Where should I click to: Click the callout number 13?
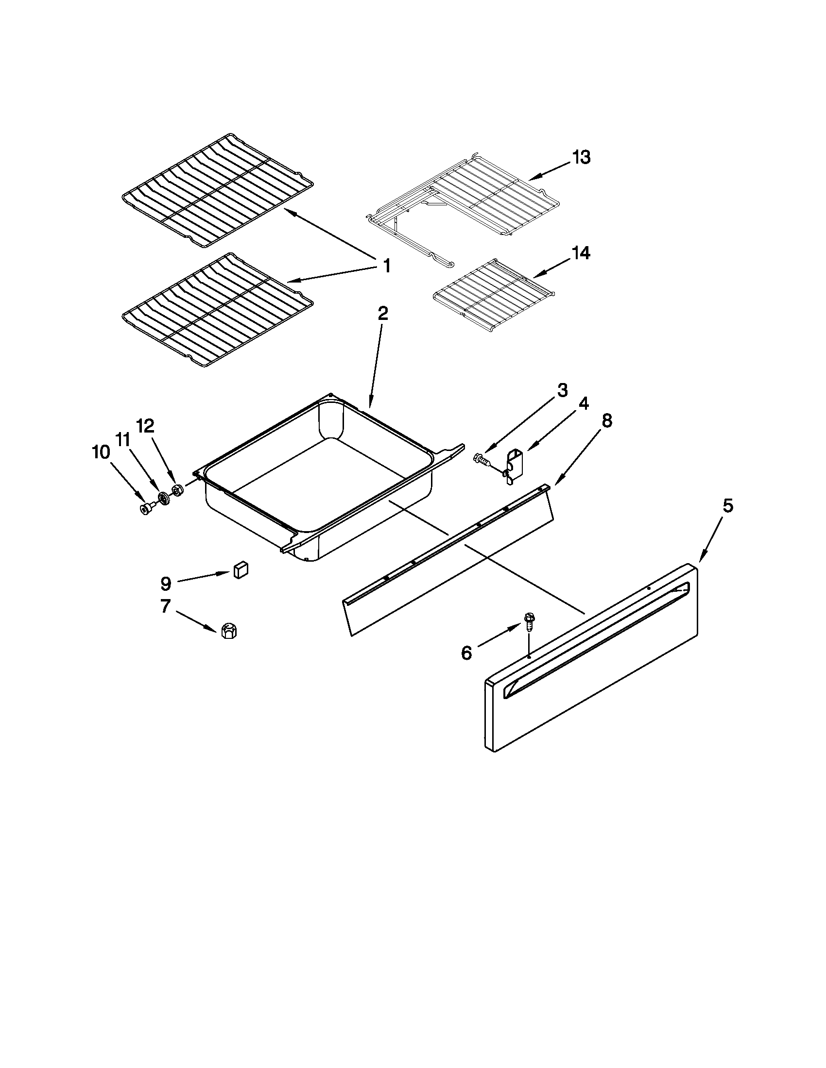(x=581, y=158)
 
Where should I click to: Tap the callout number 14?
(x=580, y=253)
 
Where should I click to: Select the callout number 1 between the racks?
(x=386, y=267)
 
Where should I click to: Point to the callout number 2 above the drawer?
(x=383, y=314)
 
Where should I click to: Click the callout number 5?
(x=728, y=506)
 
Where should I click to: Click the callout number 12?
(x=145, y=426)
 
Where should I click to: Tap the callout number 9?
(x=166, y=583)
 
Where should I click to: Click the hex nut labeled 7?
(x=228, y=632)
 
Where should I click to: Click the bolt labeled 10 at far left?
(x=146, y=510)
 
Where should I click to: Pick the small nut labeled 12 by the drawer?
(x=178, y=489)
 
